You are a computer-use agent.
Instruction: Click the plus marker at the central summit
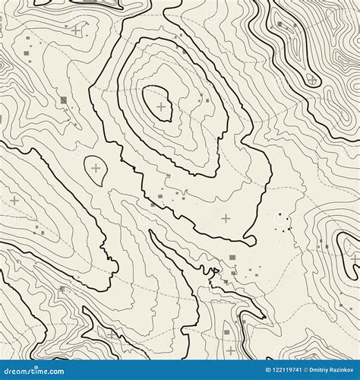pyautogui.click(x=161, y=106)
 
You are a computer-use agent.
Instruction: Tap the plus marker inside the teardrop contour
pyautogui.click(x=96, y=167)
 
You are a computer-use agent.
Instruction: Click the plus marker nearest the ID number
pyautogui.click(x=230, y=350)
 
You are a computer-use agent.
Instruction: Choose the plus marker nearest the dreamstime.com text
pyautogui.click(x=112, y=333)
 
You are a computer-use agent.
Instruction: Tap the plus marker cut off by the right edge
pyautogui.click(x=355, y=258)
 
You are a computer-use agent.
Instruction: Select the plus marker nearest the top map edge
pyautogui.click(x=76, y=30)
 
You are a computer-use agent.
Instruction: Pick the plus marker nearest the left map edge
pyautogui.click(x=14, y=200)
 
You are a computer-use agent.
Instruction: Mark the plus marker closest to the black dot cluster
pyautogui.click(x=226, y=218)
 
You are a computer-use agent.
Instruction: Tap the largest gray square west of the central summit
pyautogui.click(x=64, y=100)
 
